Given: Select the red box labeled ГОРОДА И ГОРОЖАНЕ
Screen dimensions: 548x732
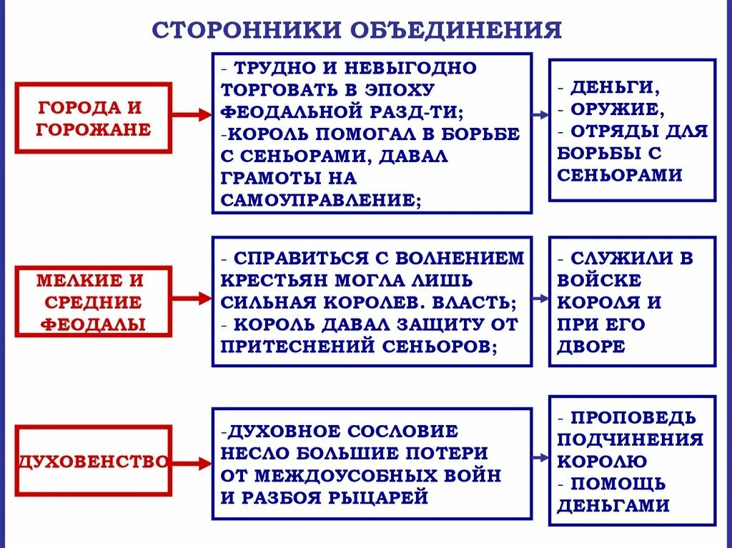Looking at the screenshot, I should (94, 118).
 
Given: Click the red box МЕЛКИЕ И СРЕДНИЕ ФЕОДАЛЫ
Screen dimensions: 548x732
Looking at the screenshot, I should (94, 302).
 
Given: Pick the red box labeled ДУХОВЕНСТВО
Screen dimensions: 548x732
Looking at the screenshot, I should (94, 461).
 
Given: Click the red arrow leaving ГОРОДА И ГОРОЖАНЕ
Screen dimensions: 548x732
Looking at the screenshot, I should (192, 114).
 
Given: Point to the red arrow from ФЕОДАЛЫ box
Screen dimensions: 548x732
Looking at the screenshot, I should (192, 299).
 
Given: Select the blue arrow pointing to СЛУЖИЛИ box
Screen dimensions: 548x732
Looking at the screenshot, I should (540, 299).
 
